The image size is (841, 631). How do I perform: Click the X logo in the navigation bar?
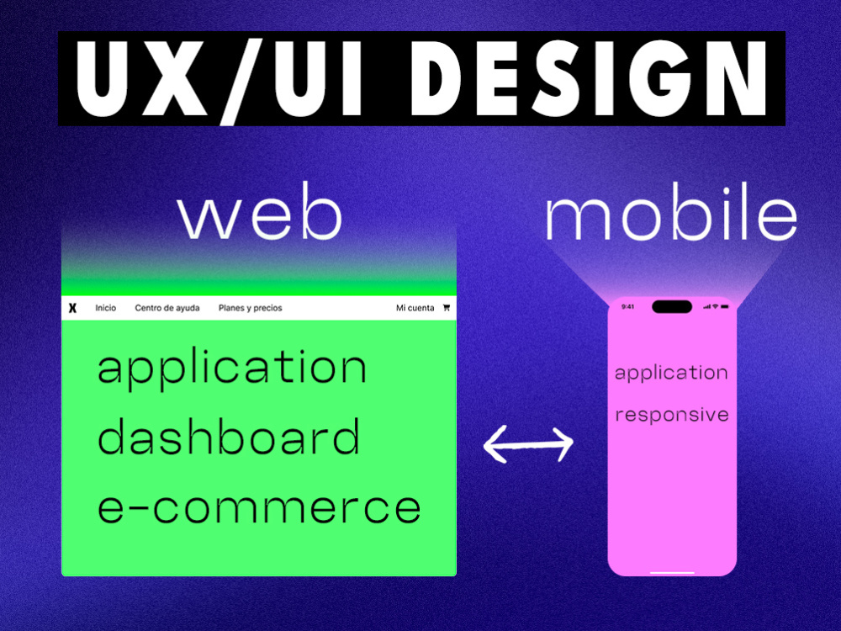[x=72, y=308]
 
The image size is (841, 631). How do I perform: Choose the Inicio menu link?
[x=106, y=308]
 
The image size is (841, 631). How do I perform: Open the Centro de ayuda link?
[x=167, y=308]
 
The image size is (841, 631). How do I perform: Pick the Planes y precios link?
[x=251, y=308]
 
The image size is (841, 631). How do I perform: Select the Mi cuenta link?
[x=415, y=308]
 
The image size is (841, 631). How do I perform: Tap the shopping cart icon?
[x=447, y=307]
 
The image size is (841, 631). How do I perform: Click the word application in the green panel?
[x=232, y=369]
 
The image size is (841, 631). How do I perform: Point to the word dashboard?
[x=229, y=435]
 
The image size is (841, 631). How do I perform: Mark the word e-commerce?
[x=259, y=507]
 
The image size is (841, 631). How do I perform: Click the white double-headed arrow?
[x=528, y=443]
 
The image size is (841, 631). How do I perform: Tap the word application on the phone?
[x=671, y=374]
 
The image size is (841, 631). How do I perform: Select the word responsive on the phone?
[x=672, y=415]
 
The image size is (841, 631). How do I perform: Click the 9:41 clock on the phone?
[x=627, y=307]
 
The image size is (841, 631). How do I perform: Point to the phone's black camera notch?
[x=672, y=307]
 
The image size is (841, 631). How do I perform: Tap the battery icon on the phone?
[x=725, y=307]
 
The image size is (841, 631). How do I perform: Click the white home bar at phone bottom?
[x=672, y=572]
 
